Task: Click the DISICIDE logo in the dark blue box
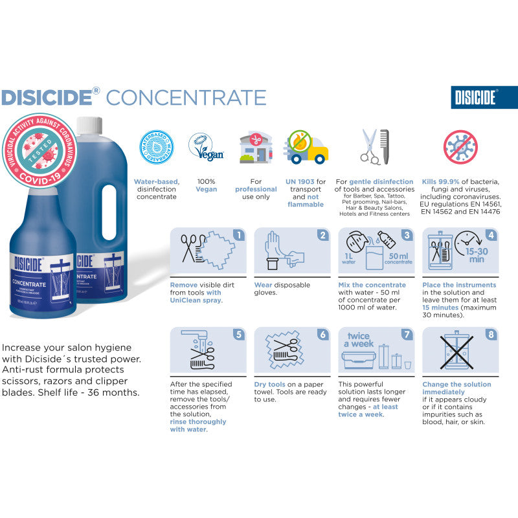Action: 477,98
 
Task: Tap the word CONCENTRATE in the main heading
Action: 186,97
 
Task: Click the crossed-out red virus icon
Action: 460,146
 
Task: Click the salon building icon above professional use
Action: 255,148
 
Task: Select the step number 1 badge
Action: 238,235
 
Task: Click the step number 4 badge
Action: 491,235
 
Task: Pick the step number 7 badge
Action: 407,335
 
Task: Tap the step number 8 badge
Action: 491,335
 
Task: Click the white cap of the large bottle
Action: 89,122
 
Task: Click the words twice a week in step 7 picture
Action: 359,340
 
